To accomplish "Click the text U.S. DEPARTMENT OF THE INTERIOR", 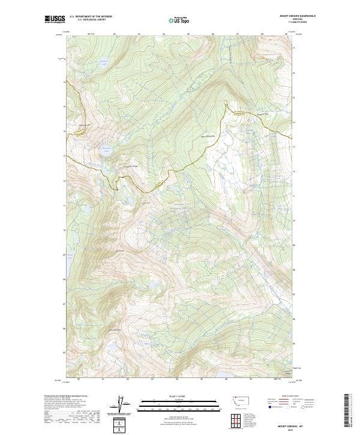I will (x=91, y=16).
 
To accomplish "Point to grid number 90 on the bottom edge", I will (x=79, y=379).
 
